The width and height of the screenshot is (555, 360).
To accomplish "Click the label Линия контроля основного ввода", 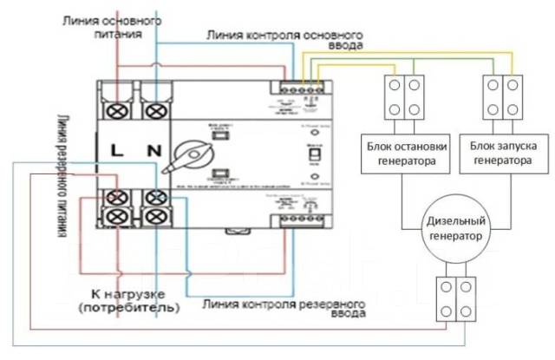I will [x=284, y=39].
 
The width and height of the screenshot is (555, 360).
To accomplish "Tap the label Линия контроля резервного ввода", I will [x=285, y=310].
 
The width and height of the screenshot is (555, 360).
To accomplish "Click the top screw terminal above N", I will [x=155, y=110].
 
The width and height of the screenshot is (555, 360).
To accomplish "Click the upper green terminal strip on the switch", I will [x=302, y=88].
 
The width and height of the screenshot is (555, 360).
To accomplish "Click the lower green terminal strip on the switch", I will [x=300, y=219].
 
